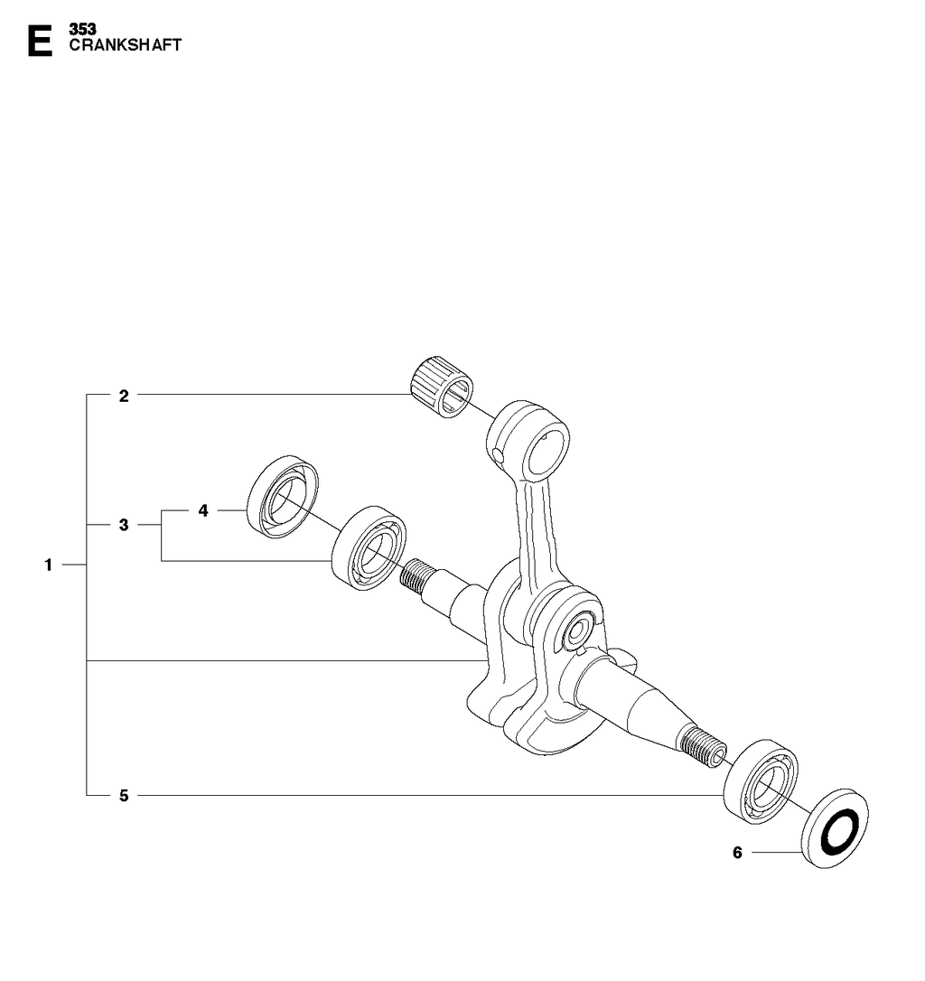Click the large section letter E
tap(40, 41)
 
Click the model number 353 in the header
tap(82, 30)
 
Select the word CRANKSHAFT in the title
tap(126, 45)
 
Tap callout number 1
tap(48, 565)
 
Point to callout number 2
tap(124, 396)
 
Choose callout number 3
tap(124, 524)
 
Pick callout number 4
tap(202, 510)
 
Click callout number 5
tap(124, 796)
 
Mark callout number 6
tap(737, 852)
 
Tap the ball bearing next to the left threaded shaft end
tap(369, 547)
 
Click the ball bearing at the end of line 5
tap(761, 781)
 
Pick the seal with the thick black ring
tap(836, 828)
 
